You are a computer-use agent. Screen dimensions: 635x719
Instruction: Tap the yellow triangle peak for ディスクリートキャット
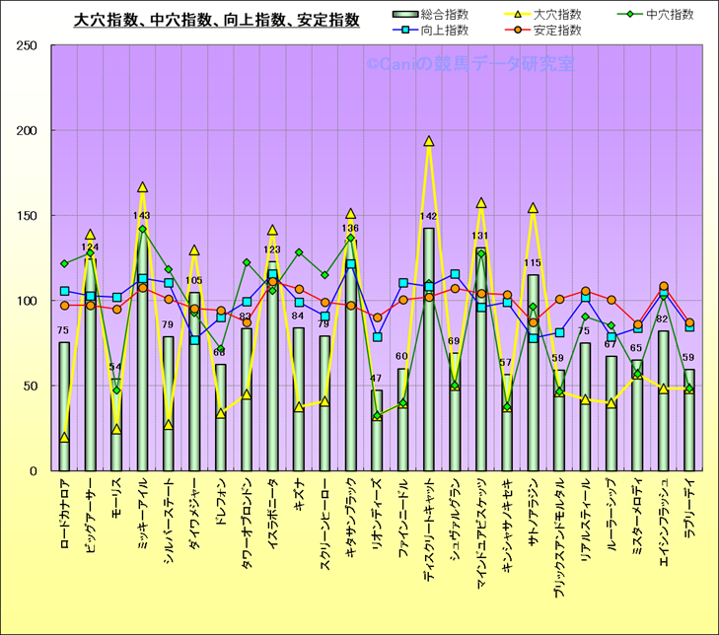pos(428,141)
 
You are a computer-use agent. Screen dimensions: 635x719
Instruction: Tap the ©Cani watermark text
pos(469,64)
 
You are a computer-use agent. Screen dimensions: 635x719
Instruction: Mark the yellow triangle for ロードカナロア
pos(64,437)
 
